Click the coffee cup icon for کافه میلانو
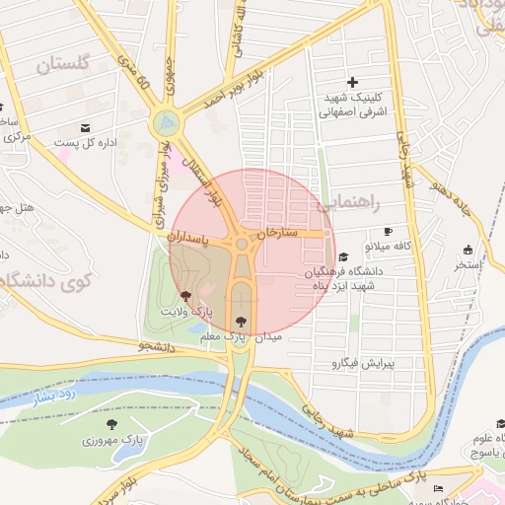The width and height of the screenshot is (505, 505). click(x=388, y=230)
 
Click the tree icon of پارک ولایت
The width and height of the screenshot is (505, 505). click(x=186, y=296)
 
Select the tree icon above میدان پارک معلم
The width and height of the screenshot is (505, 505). click(x=243, y=320)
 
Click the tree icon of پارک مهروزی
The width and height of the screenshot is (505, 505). click(x=109, y=424)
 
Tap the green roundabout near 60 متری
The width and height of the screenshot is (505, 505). click(x=166, y=123)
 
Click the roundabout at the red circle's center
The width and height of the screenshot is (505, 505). click(x=242, y=244)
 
